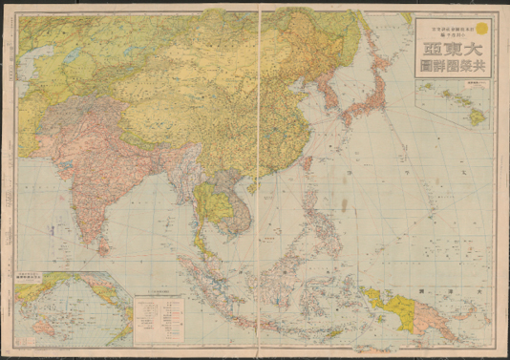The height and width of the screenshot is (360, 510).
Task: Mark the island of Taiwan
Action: (308, 161)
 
